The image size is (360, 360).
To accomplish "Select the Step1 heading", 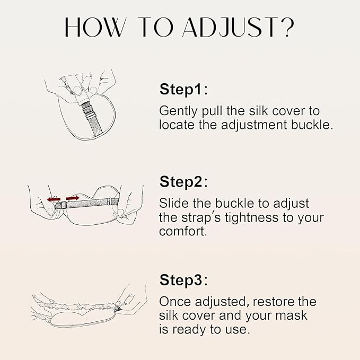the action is pos(183,89).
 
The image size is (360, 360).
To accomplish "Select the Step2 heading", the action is pos(183,181).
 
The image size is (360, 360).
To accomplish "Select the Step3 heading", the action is pos(183,279).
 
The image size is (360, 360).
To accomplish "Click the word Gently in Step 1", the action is pos(178,111).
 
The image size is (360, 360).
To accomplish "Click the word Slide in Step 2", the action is pos(173,203).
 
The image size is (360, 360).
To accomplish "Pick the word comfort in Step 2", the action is pos(183,231).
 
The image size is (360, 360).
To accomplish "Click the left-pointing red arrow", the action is pos(54,199).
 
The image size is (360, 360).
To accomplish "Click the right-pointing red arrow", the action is pos(73,198).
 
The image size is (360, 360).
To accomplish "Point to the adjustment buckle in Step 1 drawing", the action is pos(88,110).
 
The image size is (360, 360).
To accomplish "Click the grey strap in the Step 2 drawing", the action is pos(90,203).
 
